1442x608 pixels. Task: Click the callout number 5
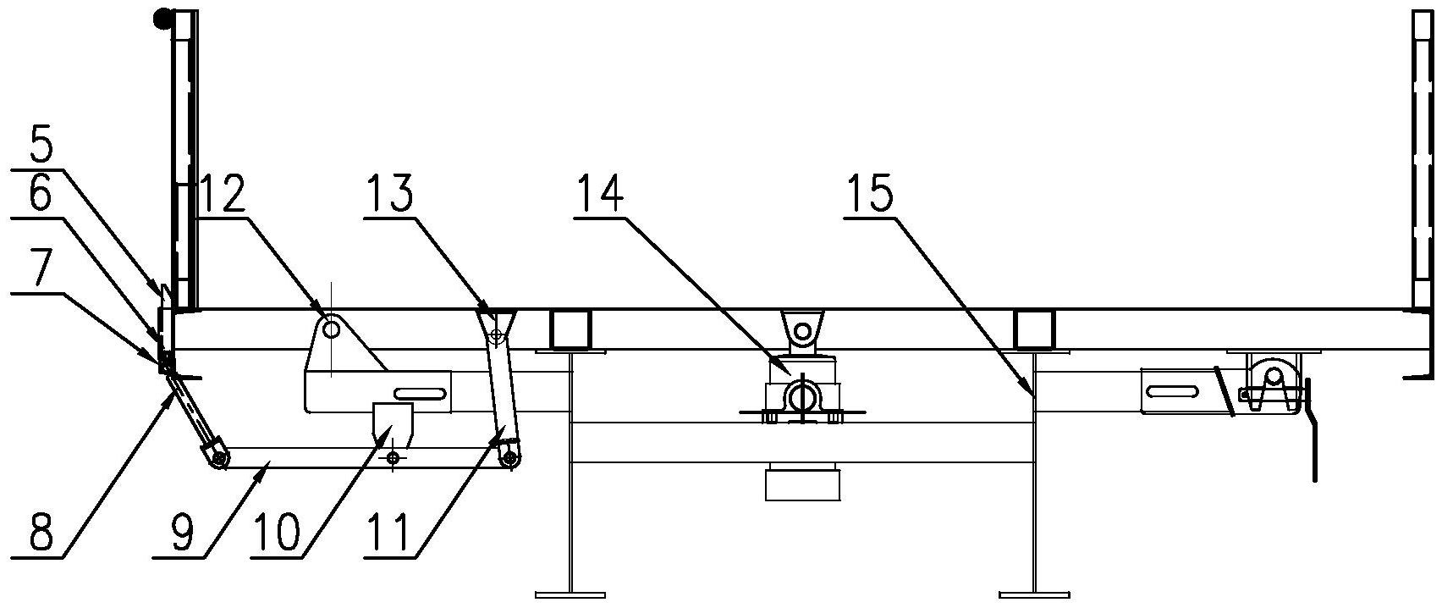(39, 147)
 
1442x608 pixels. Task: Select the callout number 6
(40, 195)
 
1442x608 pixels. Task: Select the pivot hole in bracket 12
(332, 330)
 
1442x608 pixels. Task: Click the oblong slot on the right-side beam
(1170, 390)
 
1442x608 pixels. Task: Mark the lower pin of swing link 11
(510, 459)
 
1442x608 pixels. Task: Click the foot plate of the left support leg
(571, 594)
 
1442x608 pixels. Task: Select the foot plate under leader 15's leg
(1034, 594)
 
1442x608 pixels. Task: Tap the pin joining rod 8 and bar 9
(220, 459)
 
